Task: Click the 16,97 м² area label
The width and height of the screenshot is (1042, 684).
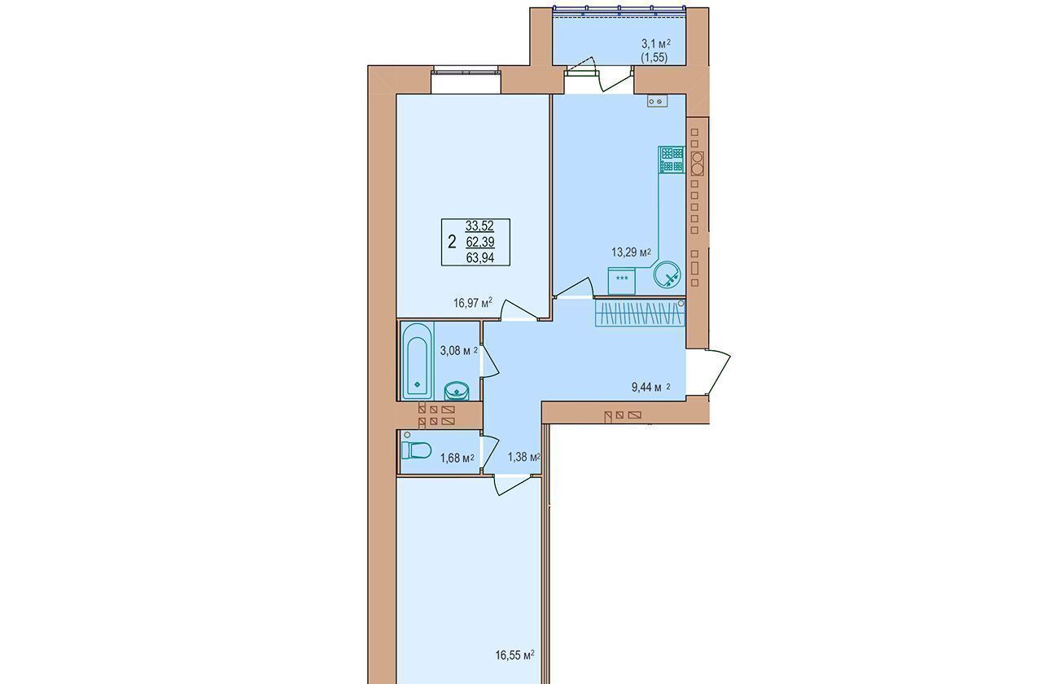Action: tap(473, 304)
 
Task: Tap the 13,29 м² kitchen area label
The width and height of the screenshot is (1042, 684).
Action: tap(631, 252)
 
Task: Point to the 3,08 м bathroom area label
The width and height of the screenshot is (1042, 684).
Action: tap(458, 351)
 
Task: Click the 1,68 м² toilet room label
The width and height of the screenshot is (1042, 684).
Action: tap(458, 458)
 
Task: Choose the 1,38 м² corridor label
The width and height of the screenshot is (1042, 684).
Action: tap(523, 457)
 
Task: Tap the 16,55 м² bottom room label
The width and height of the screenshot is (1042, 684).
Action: tap(514, 655)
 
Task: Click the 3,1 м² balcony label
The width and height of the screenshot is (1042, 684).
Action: tap(656, 44)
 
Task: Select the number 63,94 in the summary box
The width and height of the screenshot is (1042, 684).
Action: tap(480, 258)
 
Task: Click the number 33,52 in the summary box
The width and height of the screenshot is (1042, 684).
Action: tap(479, 226)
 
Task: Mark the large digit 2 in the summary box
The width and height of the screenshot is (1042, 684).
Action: tap(452, 242)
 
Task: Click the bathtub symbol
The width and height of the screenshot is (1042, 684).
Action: tap(417, 361)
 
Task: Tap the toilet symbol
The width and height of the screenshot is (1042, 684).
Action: tap(416, 450)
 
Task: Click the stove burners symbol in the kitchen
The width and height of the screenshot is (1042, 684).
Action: tap(672, 160)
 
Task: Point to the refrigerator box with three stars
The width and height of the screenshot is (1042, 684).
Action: tap(621, 281)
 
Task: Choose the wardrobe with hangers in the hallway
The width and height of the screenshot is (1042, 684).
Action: tap(640, 313)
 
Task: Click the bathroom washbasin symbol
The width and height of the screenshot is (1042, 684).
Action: tap(457, 391)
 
